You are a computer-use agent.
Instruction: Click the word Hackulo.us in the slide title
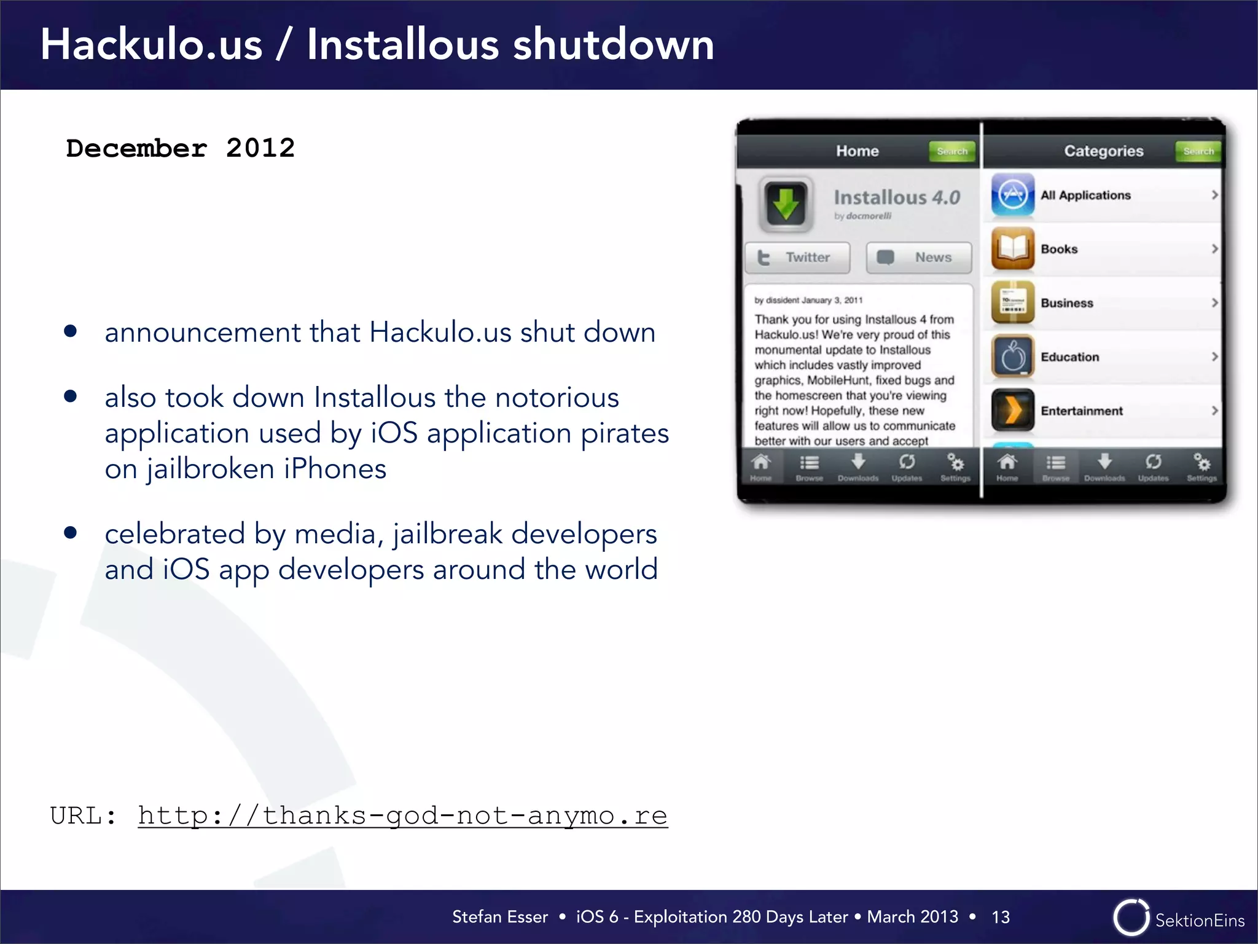pyautogui.click(x=151, y=45)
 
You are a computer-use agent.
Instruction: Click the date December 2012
pyautogui.click(x=180, y=148)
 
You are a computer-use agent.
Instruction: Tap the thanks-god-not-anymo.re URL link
pyautogui.click(x=402, y=816)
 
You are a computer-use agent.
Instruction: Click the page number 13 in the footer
pyautogui.click(x=1000, y=917)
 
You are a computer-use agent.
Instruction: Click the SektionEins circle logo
pyautogui.click(x=1131, y=918)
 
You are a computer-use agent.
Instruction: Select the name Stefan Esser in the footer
pyautogui.click(x=499, y=917)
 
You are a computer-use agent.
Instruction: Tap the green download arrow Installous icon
pyautogui.click(x=786, y=204)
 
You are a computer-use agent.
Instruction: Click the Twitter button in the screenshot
pyautogui.click(x=797, y=258)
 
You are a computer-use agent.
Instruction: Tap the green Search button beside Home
pyautogui.click(x=952, y=151)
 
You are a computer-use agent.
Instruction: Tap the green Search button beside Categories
pyautogui.click(x=1198, y=151)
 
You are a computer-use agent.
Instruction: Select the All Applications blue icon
pyautogui.click(x=1012, y=195)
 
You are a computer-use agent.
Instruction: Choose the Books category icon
pyautogui.click(x=1012, y=249)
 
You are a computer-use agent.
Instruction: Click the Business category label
pyautogui.click(x=1067, y=303)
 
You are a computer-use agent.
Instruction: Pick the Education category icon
pyautogui.click(x=1012, y=356)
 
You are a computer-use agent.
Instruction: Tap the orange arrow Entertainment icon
pyautogui.click(x=1012, y=411)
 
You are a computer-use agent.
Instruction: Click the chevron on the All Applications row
pyautogui.click(x=1214, y=195)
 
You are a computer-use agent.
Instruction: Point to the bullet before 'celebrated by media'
pyautogui.click(x=71, y=532)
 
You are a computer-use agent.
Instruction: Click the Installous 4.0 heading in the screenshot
pyautogui.click(x=897, y=197)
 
